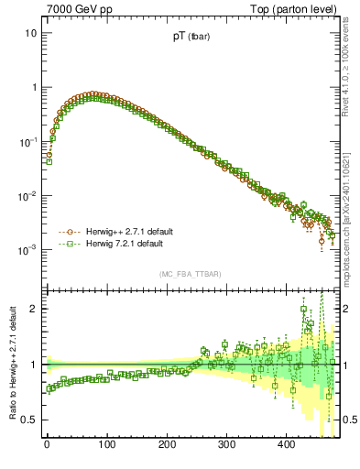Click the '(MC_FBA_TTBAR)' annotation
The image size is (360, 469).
click(x=191, y=275)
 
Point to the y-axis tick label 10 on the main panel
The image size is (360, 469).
click(x=30, y=34)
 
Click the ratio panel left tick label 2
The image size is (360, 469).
click(x=33, y=309)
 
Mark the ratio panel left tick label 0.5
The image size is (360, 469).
click(x=29, y=420)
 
